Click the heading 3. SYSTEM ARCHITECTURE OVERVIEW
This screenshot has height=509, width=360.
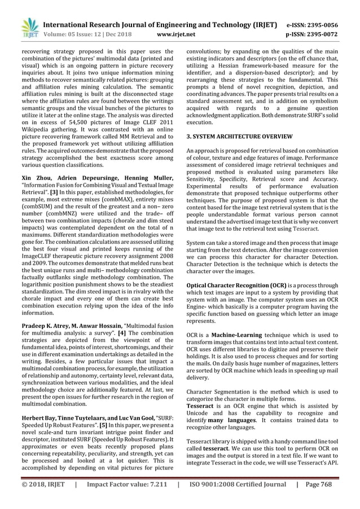[240, 137]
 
